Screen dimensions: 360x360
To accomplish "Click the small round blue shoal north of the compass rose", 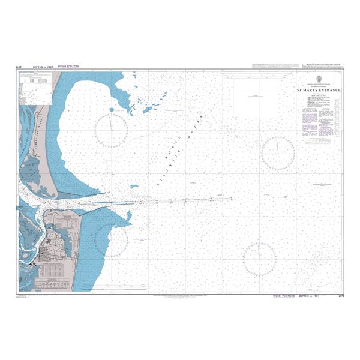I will coord(112,109).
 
